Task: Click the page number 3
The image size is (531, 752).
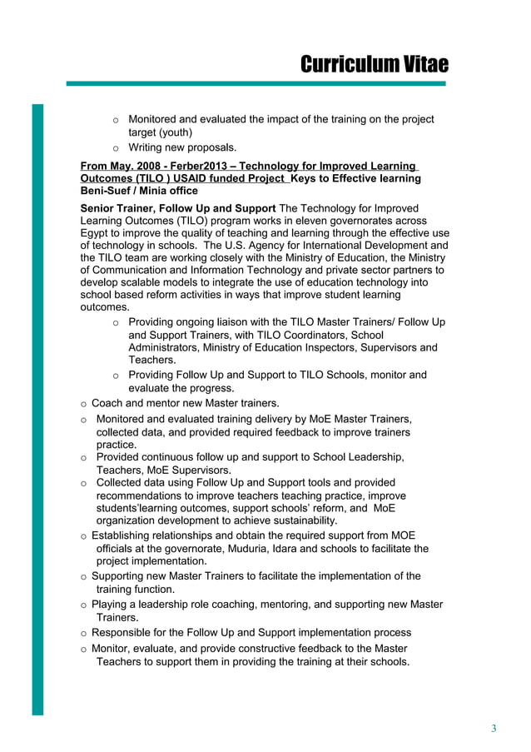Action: (x=494, y=730)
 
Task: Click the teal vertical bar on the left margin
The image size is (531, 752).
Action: (x=37, y=408)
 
